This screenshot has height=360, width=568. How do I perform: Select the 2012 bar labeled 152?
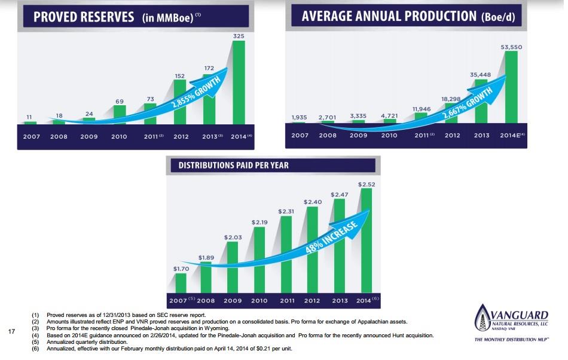click(180, 102)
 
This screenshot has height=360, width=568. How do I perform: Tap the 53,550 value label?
click(511, 46)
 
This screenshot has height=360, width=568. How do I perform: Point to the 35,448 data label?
click(481, 74)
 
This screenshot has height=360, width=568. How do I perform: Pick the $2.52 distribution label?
click(367, 184)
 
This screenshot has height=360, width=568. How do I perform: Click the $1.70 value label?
click(181, 269)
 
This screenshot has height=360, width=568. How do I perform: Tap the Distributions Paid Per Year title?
click(230, 164)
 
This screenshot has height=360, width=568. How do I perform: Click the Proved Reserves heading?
click(84, 16)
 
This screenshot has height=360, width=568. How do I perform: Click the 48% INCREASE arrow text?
click(332, 238)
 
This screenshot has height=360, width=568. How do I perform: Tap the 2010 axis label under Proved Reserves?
click(119, 136)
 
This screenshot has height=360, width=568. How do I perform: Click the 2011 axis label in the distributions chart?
click(287, 300)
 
